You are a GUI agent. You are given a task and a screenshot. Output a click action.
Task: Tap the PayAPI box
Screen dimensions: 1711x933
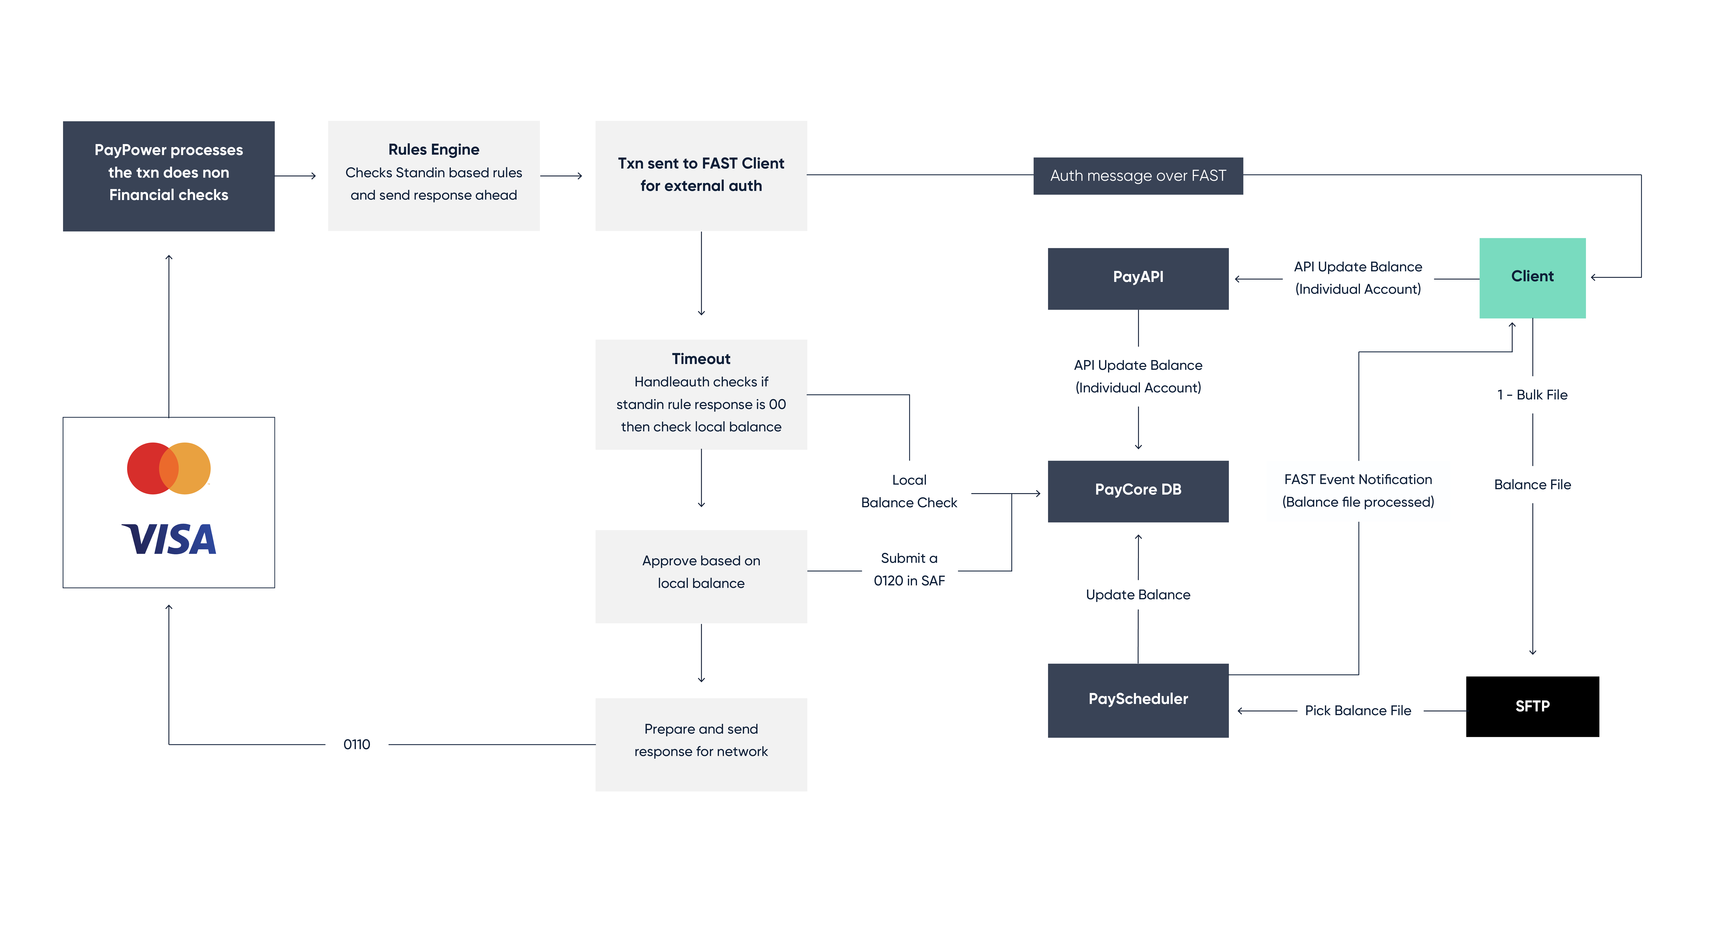(x=1138, y=278)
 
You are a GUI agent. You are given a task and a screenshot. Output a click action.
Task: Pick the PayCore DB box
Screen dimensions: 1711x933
(x=1138, y=491)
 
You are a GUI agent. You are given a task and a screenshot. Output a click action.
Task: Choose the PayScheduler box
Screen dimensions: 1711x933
(x=1138, y=700)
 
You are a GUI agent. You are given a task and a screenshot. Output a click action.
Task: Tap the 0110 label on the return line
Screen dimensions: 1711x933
(x=357, y=744)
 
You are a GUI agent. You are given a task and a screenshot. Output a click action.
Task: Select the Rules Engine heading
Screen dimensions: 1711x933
(x=434, y=149)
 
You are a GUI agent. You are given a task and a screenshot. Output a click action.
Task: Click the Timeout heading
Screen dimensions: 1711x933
(x=701, y=359)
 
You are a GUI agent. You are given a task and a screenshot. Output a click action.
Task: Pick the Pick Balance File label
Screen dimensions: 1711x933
(x=1358, y=711)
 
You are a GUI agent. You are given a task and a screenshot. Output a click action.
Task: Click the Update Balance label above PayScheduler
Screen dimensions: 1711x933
(x=1138, y=594)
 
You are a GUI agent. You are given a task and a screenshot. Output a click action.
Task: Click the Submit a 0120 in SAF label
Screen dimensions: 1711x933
(x=909, y=569)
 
